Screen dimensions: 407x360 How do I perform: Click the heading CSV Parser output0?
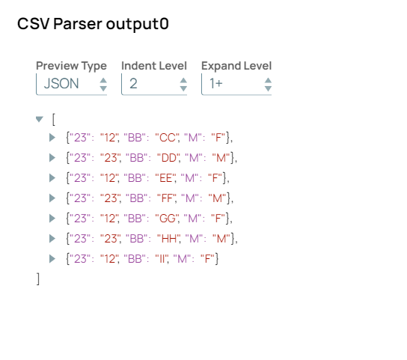93,24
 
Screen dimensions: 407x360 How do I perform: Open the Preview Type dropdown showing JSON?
71,84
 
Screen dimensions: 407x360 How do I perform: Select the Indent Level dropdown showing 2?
154,84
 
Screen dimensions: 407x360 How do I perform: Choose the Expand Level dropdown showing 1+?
236,84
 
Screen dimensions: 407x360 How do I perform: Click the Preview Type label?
71,66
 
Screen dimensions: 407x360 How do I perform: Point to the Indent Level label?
154,66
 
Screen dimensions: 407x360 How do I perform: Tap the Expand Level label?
236,66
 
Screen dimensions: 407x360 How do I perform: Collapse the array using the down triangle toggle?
39,119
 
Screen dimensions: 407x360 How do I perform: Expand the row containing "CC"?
52,138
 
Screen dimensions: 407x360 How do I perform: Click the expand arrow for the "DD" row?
52,158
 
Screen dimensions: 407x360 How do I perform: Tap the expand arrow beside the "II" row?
52,259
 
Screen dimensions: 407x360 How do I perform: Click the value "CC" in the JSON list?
168,138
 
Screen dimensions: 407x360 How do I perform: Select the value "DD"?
169,158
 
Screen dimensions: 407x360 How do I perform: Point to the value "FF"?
167,198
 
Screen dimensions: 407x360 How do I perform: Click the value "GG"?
168,219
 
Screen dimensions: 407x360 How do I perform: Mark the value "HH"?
169,239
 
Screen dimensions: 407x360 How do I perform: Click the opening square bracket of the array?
53,120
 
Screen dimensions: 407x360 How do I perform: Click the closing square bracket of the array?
38,279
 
